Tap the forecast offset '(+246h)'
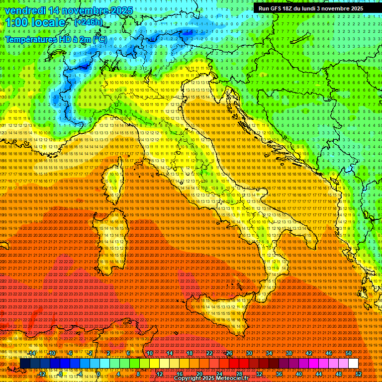pyautogui.click(x=89, y=22)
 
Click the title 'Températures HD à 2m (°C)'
pyautogui.click(x=56, y=39)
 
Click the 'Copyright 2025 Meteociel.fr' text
pyautogui.click(x=211, y=379)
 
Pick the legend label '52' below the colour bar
pyautogui.click(x=359, y=374)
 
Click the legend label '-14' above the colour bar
pyautogui.click(x=32, y=353)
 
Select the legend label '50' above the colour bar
pyautogui.click(x=349, y=353)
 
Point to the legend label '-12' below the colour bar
pyautogui.click(x=42, y=374)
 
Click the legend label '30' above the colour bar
pyautogui.click(x=249, y=353)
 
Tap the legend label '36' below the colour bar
pyautogui.click(x=279, y=374)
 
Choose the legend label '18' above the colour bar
pyautogui.click(x=189, y=353)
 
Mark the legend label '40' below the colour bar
pyautogui.click(x=299, y=374)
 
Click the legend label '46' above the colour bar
pyautogui.click(x=329, y=353)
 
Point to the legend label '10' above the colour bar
pyautogui.click(x=149, y=353)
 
